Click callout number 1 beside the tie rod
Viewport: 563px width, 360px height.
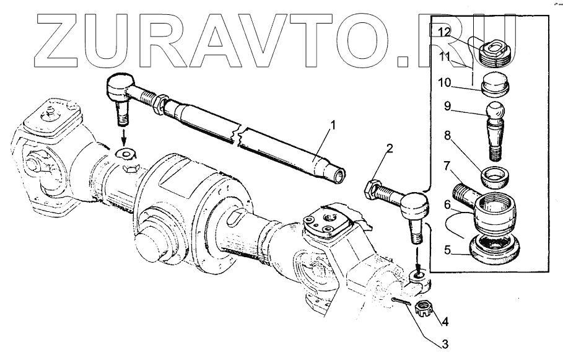333,126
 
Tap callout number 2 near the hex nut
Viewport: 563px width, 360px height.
390,148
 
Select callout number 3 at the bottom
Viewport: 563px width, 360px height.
445,344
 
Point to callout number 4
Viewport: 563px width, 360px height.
445,322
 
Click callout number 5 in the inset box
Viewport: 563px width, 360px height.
447,250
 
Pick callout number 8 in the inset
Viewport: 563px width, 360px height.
447,136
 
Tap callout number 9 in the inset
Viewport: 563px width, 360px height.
447,107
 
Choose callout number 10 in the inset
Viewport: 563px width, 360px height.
444,83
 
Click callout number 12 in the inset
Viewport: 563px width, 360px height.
444,32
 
